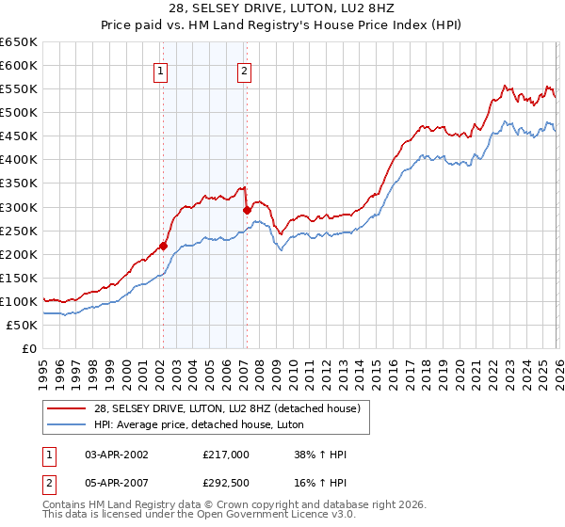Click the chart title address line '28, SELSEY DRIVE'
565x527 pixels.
click(282, 8)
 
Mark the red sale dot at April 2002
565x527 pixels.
click(163, 246)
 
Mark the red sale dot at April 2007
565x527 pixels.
click(247, 210)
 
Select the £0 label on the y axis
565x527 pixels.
click(28, 348)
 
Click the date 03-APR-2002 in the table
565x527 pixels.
click(115, 455)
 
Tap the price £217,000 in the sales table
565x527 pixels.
click(226, 455)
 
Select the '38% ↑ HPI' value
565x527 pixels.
click(320, 455)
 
